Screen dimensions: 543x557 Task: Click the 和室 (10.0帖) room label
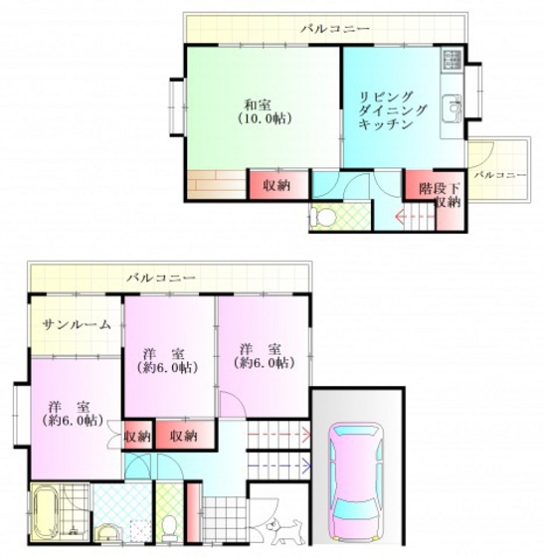click(265, 111)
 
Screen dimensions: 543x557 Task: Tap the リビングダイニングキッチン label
click(392, 110)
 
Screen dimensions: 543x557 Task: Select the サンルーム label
click(77, 324)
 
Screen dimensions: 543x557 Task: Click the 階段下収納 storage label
click(440, 195)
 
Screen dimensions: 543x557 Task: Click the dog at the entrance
click(286, 531)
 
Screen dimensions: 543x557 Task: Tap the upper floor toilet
click(322, 217)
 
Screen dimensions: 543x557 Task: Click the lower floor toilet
click(169, 528)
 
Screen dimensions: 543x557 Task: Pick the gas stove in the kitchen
click(452, 60)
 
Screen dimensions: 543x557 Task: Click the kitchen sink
click(452, 108)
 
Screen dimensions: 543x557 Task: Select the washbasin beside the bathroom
click(108, 533)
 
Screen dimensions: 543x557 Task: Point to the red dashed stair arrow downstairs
click(279, 434)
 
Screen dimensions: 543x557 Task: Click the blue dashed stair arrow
click(279, 464)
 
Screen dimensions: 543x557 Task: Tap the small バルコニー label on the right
click(500, 175)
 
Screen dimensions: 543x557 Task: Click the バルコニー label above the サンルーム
click(161, 278)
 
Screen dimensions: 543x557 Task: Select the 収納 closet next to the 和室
click(276, 185)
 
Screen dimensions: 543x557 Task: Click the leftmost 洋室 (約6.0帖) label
click(72, 414)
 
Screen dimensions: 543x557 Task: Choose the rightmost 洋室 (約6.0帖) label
click(264, 356)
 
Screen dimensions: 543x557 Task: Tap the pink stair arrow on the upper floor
click(415, 217)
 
